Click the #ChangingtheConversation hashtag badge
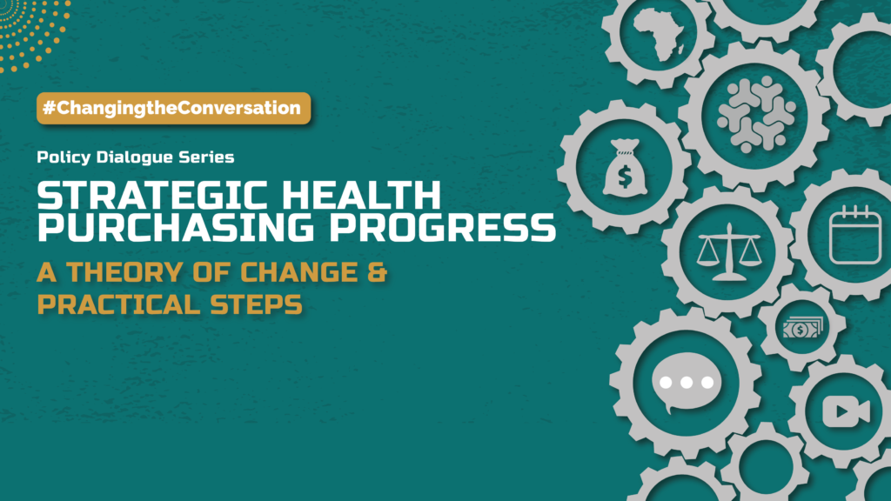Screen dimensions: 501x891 (174, 108)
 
